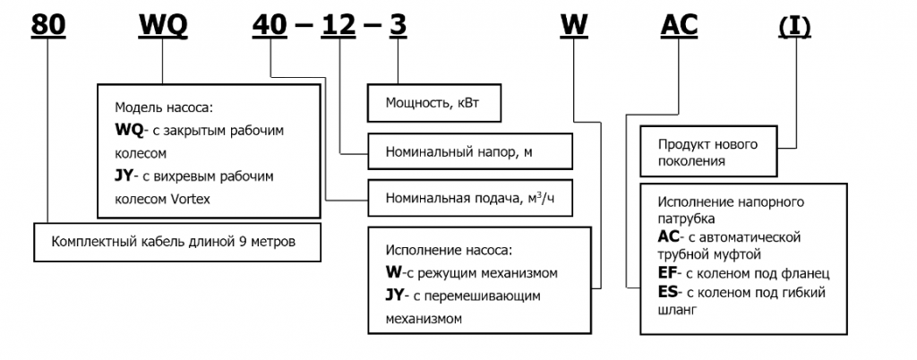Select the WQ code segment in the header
click(162, 26)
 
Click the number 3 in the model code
click(396, 26)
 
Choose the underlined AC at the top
click(678, 26)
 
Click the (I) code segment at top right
click(793, 26)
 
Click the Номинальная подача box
click(469, 198)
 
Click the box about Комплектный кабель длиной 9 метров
click(177, 242)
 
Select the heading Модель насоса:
click(165, 107)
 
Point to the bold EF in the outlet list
click(668, 273)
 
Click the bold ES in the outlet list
click(668, 292)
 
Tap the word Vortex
click(189, 199)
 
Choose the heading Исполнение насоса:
click(451, 249)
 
